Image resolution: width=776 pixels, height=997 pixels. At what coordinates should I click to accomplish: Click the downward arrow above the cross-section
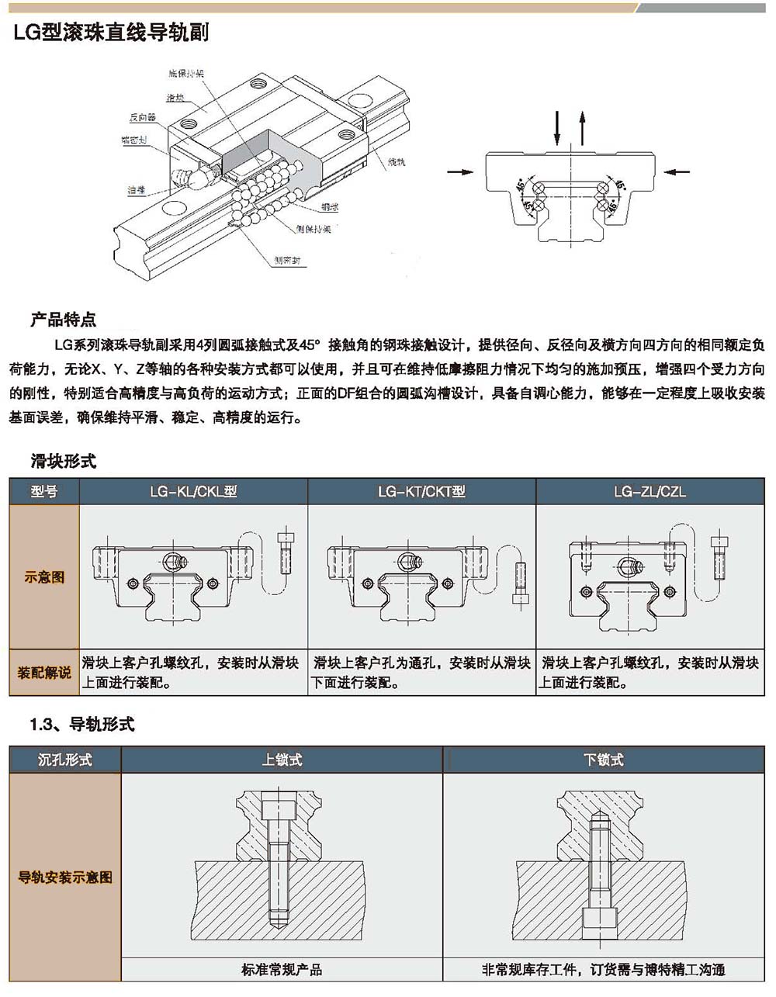557,128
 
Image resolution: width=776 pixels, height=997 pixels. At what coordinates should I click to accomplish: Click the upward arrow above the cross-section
583,128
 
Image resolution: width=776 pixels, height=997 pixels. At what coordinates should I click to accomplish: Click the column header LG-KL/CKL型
193,491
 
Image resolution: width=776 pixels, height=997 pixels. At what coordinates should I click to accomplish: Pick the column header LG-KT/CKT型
421,491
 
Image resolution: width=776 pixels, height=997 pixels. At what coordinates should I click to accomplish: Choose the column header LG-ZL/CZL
650,491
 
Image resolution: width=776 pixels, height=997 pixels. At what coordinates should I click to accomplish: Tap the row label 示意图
44,576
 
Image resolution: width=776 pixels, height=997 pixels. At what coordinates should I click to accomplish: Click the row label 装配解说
44,672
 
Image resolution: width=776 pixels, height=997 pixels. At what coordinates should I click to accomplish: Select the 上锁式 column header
282,760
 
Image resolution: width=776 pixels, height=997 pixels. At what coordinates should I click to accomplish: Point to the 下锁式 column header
603,760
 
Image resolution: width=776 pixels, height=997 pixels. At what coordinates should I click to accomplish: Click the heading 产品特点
63,319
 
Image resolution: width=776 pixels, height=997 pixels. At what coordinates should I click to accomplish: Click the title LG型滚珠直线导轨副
110,33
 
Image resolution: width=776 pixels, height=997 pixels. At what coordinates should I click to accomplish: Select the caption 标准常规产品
282,969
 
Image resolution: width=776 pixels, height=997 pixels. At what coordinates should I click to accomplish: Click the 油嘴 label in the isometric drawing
137,189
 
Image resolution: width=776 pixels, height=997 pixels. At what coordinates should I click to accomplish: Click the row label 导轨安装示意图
65,878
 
